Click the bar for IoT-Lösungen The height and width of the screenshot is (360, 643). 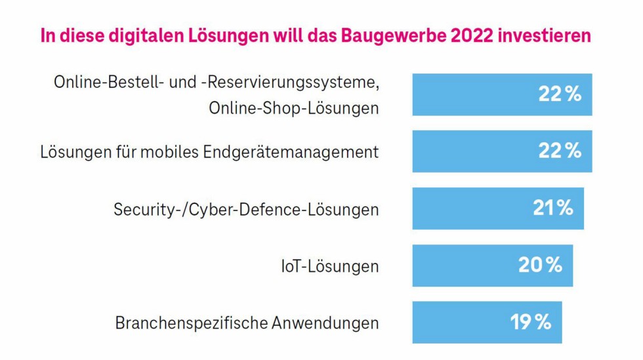point(492,266)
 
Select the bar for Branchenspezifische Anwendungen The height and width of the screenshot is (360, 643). point(487,323)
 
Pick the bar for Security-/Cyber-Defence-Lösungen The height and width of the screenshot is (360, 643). point(498,209)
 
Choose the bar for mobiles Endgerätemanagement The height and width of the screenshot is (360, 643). point(502,151)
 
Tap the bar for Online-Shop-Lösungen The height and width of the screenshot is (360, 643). point(502,94)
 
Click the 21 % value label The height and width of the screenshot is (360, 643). point(552,209)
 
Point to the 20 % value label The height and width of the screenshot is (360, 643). point(540,266)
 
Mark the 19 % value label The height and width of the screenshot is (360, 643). point(531,323)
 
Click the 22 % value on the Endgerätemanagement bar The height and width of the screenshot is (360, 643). point(560,151)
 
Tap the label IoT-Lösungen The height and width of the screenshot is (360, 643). point(326,266)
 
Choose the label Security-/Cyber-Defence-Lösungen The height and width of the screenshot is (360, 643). point(246,210)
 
